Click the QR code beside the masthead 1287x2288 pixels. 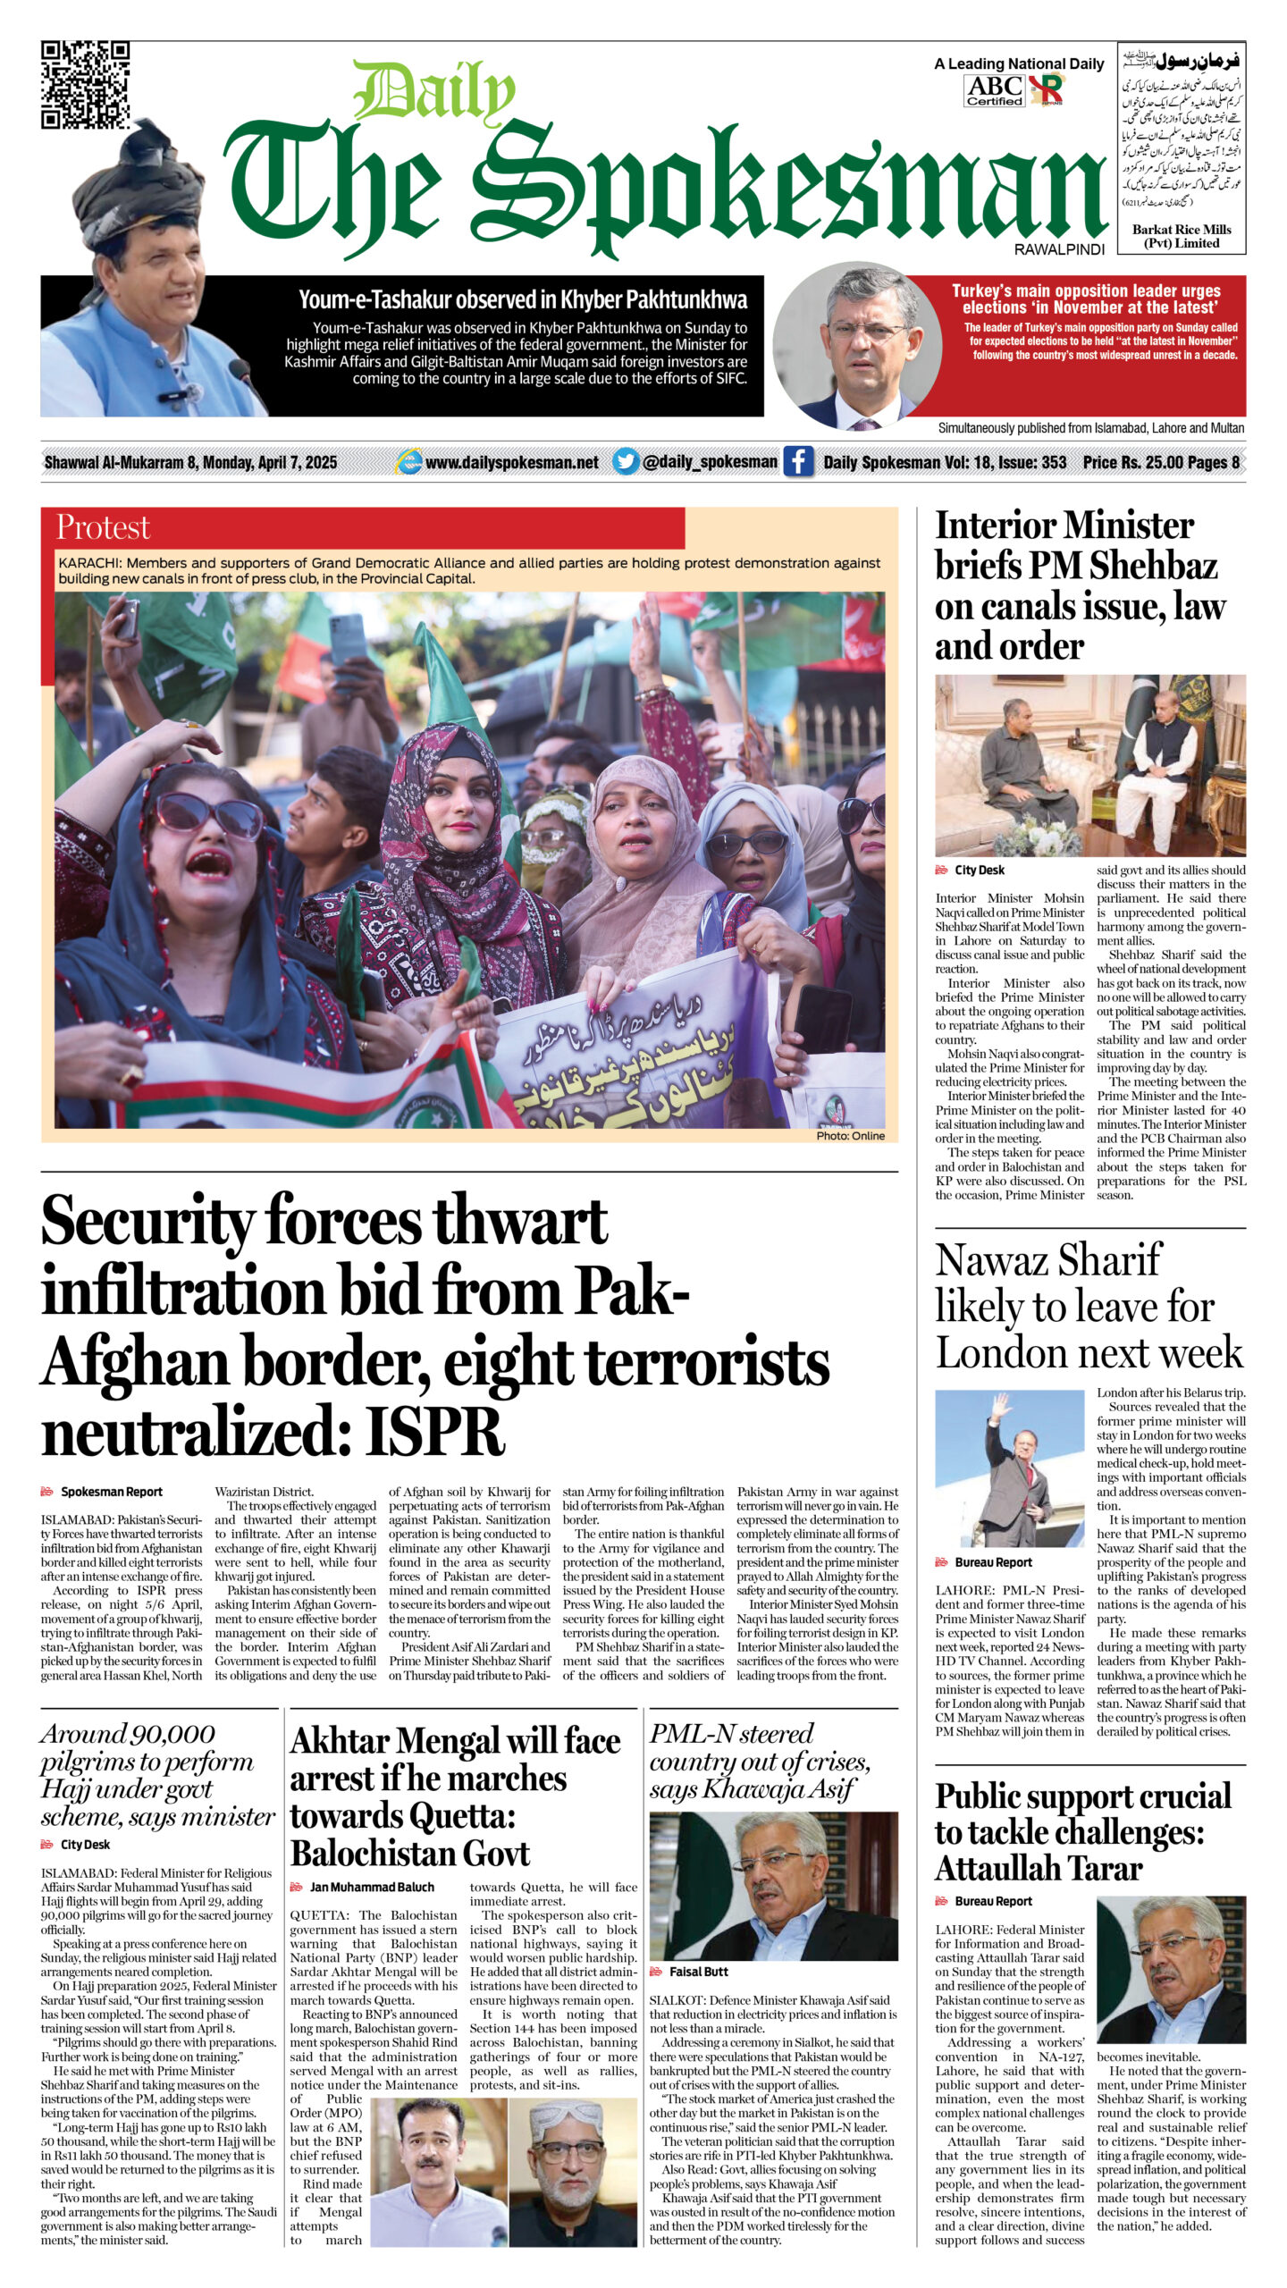(x=85, y=85)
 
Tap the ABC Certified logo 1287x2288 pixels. (x=994, y=90)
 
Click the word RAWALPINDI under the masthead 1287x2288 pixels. (x=1059, y=249)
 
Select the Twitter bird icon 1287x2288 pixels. (x=626, y=461)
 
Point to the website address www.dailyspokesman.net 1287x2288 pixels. (x=511, y=462)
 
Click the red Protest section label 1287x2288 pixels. (x=103, y=527)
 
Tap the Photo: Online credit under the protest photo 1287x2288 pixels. (x=850, y=1136)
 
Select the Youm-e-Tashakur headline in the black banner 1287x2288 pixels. (x=523, y=299)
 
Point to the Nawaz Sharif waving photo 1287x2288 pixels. (x=1010, y=1456)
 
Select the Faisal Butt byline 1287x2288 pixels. (x=698, y=1972)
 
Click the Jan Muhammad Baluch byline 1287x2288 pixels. (x=371, y=1887)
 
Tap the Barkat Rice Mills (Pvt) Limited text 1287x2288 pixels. (x=1181, y=236)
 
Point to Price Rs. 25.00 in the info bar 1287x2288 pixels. (x=1131, y=462)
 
